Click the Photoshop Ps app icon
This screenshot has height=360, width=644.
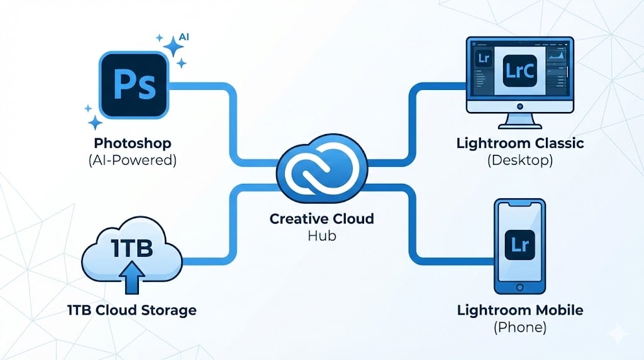pyautogui.click(x=134, y=85)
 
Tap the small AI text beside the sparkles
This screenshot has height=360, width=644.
pyautogui.click(x=184, y=37)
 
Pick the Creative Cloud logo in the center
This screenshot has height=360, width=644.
pyautogui.click(x=321, y=166)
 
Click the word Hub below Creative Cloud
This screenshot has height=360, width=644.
pyautogui.click(x=321, y=237)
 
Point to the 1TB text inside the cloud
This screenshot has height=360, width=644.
pyautogui.click(x=132, y=249)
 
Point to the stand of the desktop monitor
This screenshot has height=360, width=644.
pyautogui.click(x=519, y=118)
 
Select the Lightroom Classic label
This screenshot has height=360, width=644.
pyautogui.click(x=519, y=143)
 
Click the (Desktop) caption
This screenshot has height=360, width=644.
pyautogui.click(x=519, y=160)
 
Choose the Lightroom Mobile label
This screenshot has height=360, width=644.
pyautogui.click(x=519, y=310)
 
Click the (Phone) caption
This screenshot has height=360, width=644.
pyautogui.click(x=519, y=327)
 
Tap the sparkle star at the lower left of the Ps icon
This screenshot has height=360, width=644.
pyautogui.click(x=95, y=122)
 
